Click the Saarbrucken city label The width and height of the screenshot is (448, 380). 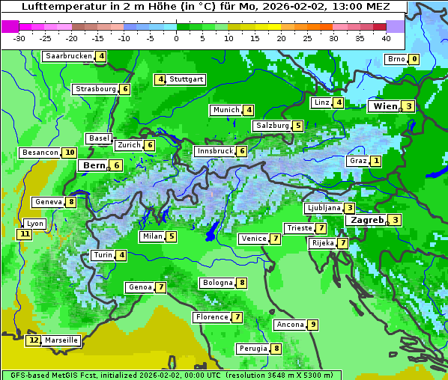pos(68,56)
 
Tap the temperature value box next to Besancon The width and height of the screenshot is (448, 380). pos(69,153)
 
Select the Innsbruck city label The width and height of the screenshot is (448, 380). pos(214,151)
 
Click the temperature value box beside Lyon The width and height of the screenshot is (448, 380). pos(25,234)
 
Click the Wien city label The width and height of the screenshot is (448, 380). pos(384,107)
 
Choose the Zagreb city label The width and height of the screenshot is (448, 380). pos(366,220)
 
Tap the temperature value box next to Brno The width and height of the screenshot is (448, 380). pos(414,60)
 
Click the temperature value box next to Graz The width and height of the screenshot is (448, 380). pos(376,161)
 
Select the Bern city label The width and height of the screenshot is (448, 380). pos(94,165)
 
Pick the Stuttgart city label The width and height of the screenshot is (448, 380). pos(186,79)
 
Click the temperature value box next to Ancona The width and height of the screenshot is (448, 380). pos(312,325)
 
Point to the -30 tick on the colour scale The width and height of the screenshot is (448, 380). pos(19,37)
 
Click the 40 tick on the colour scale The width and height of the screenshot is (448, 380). pos(386,37)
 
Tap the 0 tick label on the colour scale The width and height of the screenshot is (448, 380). pos(176,37)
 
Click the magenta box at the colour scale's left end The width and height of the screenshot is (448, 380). pos(10,26)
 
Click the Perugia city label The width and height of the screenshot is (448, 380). pos(252,349)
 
